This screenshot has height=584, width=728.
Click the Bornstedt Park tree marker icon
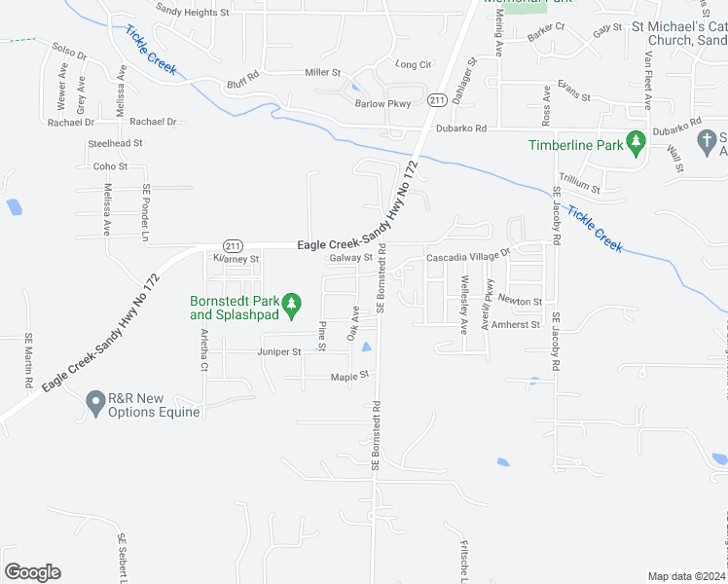click(290, 307)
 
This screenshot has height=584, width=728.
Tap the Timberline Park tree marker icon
click(636, 144)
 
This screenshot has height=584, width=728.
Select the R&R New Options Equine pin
click(95, 403)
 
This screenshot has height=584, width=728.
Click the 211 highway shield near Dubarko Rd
click(437, 100)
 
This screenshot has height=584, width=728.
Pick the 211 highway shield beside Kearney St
click(233, 245)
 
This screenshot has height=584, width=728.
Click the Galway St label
click(351, 258)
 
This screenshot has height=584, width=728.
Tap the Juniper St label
click(280, 351)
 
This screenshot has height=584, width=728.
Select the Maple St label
click(350, 376)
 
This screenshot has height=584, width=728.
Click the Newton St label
click(523, 302)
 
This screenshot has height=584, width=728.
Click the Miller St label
click(323, 72)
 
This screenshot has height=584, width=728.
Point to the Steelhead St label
click(116, 143)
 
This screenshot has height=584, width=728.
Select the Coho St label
click(104, 166)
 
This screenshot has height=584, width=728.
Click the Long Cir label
click(414, 64)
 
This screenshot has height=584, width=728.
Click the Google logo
click(33, 572)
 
